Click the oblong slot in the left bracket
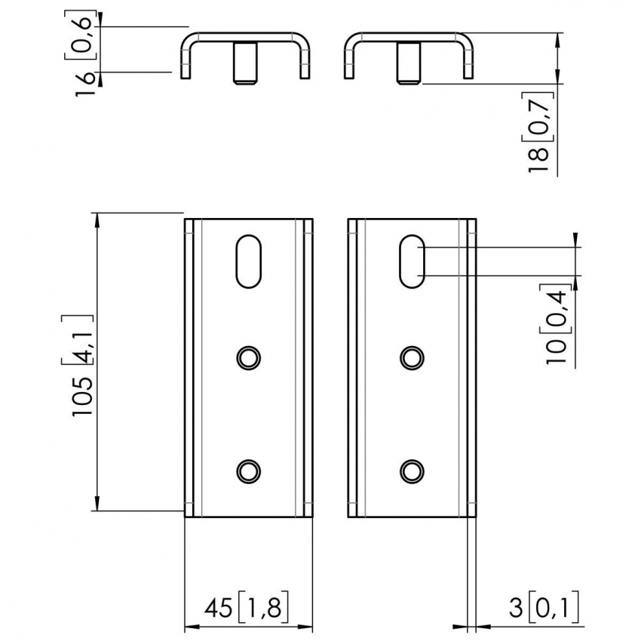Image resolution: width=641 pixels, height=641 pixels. coord(248,262)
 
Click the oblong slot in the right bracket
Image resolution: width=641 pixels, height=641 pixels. coord(412,261)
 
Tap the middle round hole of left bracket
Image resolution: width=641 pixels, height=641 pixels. coord(248,357)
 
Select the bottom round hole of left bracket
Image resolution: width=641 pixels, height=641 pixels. coord(248,471)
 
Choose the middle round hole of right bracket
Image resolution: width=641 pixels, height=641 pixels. coord(412,357)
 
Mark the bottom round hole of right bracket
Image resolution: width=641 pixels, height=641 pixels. coord(412,471)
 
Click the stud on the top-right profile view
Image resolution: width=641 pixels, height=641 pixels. coord(408,65)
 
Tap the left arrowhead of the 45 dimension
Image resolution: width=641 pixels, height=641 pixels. coord(191,626)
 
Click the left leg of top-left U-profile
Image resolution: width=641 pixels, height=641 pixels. coord(184,64)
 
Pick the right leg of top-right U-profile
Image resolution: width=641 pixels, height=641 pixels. coord(468,64)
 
